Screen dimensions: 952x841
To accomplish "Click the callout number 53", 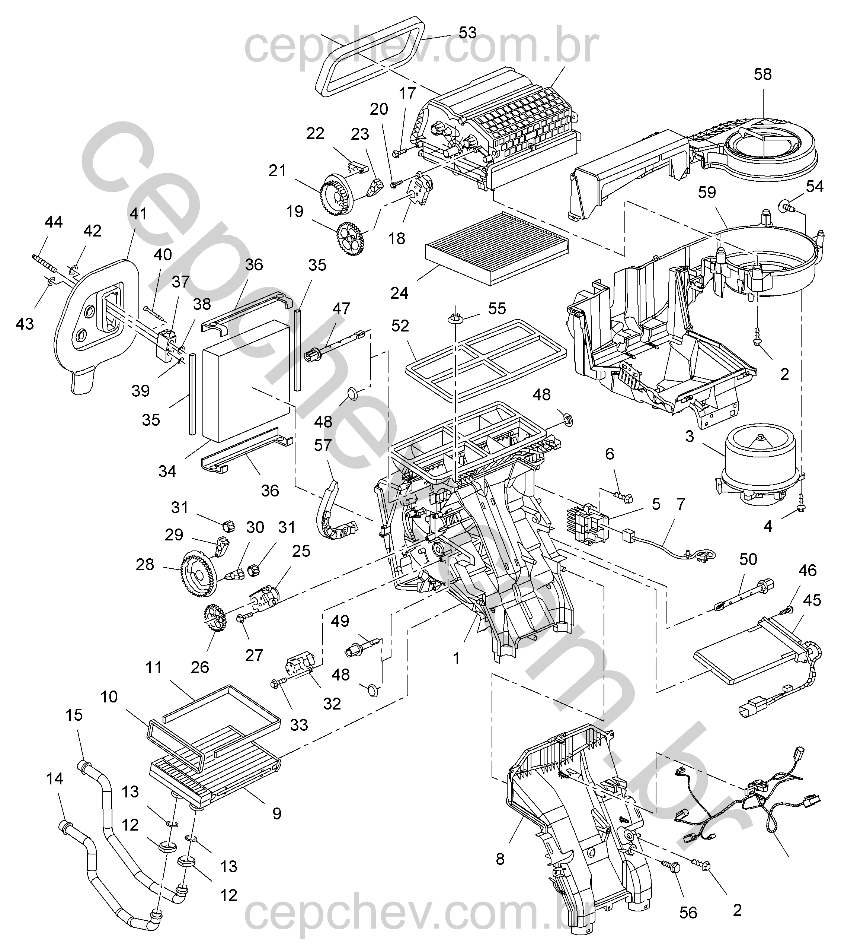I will point(467,33).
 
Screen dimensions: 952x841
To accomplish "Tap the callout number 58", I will point(762,74).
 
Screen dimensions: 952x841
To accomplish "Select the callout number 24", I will point(399,293).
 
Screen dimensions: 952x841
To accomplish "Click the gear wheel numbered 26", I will point(215,619).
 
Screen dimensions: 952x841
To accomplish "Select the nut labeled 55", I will point(455,319).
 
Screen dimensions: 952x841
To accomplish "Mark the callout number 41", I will point(138,214).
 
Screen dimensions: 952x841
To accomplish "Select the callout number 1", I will point(456,658).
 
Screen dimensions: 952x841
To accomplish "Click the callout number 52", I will point(400,326).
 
